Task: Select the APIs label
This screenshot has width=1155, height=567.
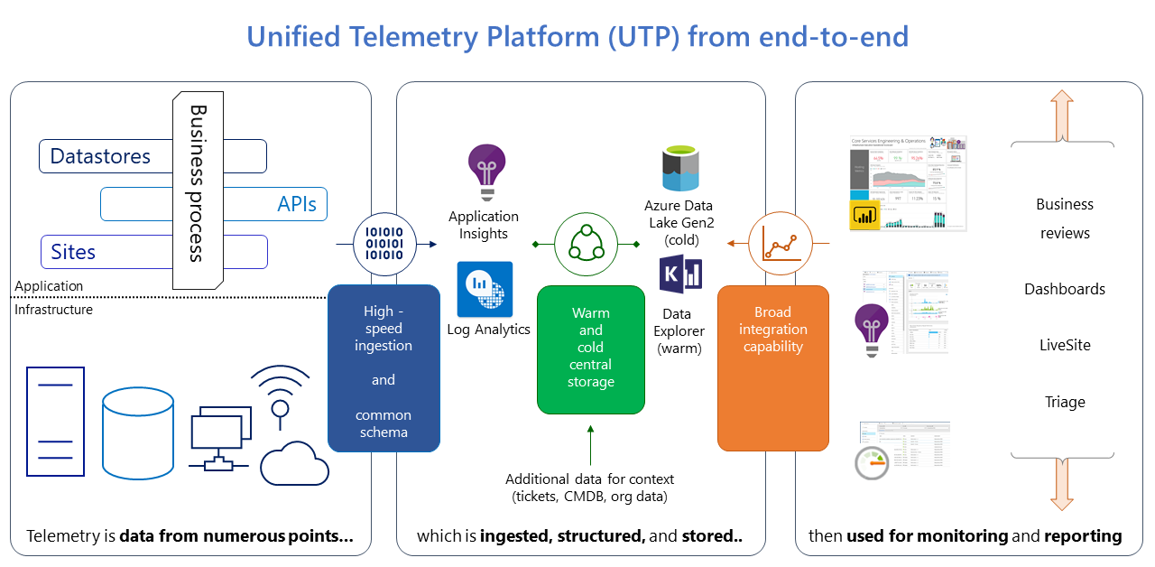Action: (x=297, y=204)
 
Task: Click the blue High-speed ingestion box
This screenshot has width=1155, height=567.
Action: (x=383, y=368)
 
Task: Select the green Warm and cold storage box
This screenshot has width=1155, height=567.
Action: (x=591, y=348)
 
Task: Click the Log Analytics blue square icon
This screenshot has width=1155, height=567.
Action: (x=485, y=289)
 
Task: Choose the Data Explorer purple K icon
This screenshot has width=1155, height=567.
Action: (x=680, y=274)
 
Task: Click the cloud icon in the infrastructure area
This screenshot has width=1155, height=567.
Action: (x=294, y=463)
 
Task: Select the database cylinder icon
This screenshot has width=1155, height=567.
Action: (x=137, y=434)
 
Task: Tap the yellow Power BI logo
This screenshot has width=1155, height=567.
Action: (x=864, y=215)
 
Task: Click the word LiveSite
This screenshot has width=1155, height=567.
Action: (x=1065, y=345)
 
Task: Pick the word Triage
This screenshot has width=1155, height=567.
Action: (x=1065, y=402)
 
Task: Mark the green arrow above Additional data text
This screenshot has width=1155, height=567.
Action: (x=590, y=446)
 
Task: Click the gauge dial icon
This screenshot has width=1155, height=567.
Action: (x=873, y=463)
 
